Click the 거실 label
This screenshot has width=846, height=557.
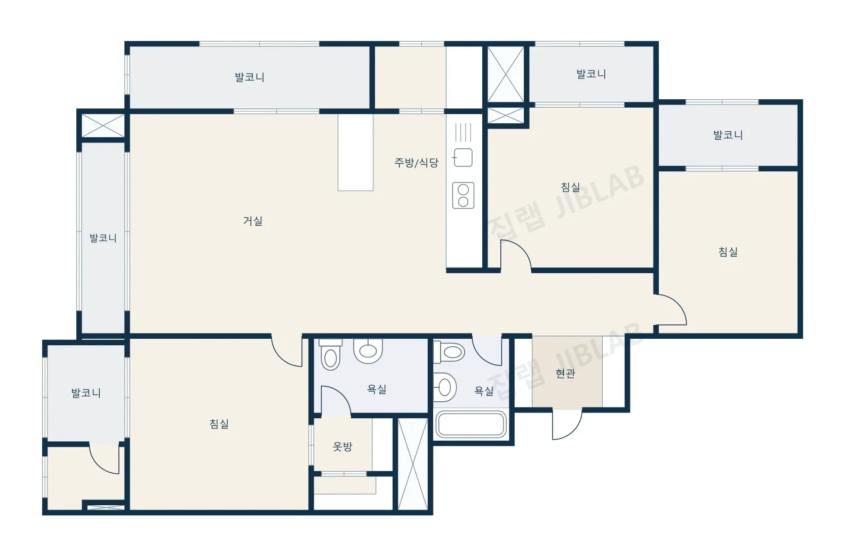tap(253, 221)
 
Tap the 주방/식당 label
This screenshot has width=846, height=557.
tap(416, 163)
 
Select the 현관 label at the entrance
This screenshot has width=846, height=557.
tap(565, 373)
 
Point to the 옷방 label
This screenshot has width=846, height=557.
tap(342, 447)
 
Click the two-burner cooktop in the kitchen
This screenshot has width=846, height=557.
tap(463, 196)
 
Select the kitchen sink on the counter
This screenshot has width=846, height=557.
tap(463, 157)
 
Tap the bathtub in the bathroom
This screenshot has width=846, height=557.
tap(471, 425)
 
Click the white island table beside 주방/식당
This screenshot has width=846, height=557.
tap(355, 153)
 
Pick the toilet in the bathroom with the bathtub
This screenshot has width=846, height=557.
tap(449, 352)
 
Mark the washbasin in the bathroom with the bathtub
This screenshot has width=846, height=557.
tap(444, 387)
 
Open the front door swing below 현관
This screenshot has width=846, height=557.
tap(567, 425)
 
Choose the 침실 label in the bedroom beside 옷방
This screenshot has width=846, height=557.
tap(219, 424)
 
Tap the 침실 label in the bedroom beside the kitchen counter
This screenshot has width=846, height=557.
tap(570, 187)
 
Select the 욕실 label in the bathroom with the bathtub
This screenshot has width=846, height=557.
tap(484, 391)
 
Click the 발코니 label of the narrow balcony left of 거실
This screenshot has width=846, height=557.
tap(103, 238)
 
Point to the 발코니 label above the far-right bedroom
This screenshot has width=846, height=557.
tap(728, 135)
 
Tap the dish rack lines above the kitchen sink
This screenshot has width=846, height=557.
tap(463, 132)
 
